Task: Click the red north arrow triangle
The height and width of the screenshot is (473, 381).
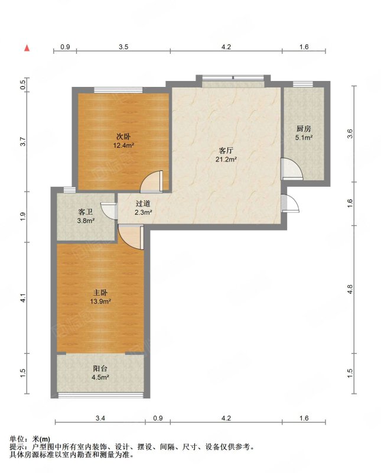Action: tap(27, 48)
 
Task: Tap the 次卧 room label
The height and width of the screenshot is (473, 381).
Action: tap(123, 137)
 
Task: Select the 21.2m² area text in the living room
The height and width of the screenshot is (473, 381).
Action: tap(226, 160)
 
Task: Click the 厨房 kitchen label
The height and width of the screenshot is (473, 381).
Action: tap(304, 129)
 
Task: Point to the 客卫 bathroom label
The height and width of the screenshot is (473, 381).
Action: tap(86, 212)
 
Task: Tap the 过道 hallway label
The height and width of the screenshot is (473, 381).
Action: tap(143, 203)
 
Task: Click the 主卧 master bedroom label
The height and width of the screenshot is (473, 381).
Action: tap(100, 292)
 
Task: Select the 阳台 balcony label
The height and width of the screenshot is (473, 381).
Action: tap(100, 368)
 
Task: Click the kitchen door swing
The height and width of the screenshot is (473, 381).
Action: tap(292, 169)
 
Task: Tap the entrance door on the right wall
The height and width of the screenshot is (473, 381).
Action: tap(290, 203)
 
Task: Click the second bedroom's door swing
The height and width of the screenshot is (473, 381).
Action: tap(152, 182)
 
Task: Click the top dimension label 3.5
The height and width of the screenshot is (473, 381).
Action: tap(123, 47)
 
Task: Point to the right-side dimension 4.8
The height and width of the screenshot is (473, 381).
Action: tap(350, 289)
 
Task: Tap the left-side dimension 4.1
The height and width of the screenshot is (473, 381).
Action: tap(24, 298)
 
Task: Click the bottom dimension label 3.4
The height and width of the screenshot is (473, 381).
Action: tap(100, 418)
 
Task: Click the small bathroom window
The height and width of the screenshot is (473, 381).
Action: tap(69, 190)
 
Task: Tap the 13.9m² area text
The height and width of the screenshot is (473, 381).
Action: tap(100, 301)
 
